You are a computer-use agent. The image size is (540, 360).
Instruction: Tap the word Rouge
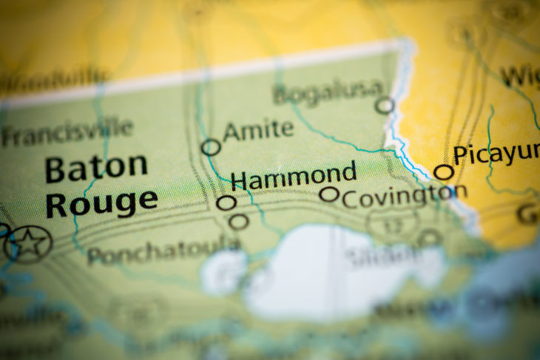pos(101,201)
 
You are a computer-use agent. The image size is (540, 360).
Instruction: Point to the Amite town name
pos(258,130)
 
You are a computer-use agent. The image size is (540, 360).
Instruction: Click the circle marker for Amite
pos(211,147)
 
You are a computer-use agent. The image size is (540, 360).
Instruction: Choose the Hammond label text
pos(294,177)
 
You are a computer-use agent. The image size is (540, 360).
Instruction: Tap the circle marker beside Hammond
pos(226,203)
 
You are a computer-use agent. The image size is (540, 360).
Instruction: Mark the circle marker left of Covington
pos(329,194)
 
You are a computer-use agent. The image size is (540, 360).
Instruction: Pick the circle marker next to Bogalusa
pos(384,106)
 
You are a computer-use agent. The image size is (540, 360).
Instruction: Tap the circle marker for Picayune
pos(443,172)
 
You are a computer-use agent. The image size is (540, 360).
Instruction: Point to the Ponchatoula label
pos(163,252)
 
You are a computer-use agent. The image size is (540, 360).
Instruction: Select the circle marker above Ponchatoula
pos(239,221)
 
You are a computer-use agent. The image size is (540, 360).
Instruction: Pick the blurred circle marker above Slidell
pos(430,239)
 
